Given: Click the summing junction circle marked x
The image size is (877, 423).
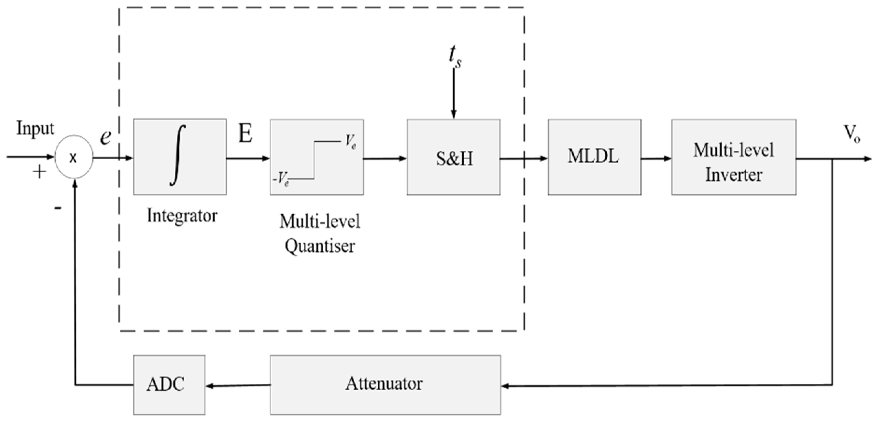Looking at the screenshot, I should pos(74,159).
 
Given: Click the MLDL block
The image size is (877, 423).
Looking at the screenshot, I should pos(594,157).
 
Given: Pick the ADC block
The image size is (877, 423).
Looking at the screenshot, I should pos(169,384).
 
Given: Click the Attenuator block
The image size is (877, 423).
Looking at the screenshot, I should pos(385,384).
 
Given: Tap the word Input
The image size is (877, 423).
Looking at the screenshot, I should pos(35,129).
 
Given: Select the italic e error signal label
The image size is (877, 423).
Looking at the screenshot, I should pos(106,137).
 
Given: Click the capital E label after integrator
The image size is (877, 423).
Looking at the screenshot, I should pos(246,133).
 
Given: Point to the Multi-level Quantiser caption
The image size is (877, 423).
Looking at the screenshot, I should pos(320,234).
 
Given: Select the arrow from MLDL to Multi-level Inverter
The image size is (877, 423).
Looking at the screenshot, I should pos(656,159).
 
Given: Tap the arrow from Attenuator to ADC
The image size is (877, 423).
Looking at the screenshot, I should pos(237,386).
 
